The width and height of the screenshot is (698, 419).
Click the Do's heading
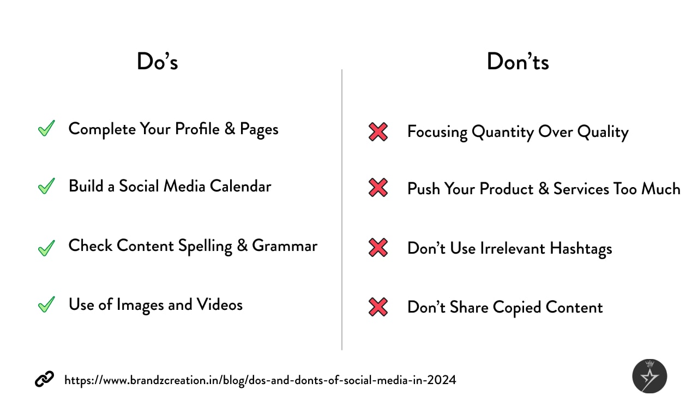(x=157, y=62)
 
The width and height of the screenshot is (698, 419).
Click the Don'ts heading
(x=518, y=62)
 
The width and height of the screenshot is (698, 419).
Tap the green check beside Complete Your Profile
(x=46, y=129)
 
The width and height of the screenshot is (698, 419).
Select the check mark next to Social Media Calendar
(x=46, y=186)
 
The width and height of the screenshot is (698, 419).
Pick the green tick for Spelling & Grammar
(x=46, y=248)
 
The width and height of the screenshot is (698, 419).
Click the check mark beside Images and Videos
(x=46, y=304)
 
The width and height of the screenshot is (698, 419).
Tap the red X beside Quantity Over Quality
(x=378, y=131)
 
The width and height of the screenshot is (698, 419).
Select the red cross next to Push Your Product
(x=378, y=188)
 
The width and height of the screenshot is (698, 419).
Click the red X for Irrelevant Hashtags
(x=378, y=248)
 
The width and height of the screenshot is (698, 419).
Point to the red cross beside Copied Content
(x=378, y=307)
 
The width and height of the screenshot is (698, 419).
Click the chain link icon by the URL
(x=44, y=380)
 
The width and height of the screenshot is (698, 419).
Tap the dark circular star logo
(x=649, y=376)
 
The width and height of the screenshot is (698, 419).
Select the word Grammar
(x=284, y=246)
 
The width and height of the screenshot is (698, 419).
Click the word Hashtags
(x=581, y=249)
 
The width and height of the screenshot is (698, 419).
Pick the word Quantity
(x=503, y=132)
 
